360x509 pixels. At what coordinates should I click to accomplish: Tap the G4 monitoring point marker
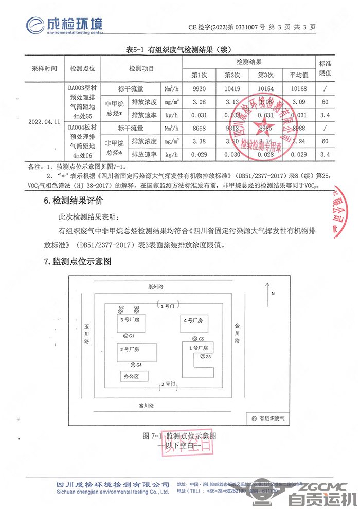click(132, 365)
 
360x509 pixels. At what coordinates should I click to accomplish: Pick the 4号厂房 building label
click(193, 320)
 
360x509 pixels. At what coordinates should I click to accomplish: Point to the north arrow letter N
click(274, 293)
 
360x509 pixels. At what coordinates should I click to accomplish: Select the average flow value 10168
click(299, 88)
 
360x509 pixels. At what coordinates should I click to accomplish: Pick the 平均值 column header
click(299, 75)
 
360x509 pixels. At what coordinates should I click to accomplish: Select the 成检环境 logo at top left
click(65, 24)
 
